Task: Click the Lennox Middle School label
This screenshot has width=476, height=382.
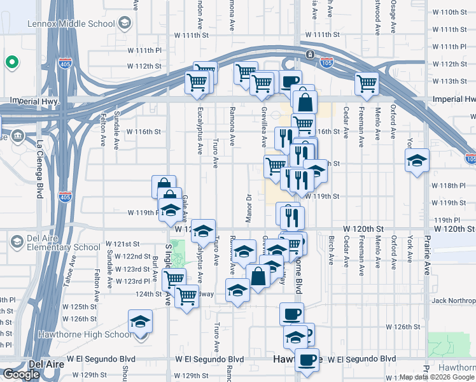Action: [x=71, y=24]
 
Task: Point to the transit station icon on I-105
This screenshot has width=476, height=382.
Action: [x=310, y=54]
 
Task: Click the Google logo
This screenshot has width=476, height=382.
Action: [x=21, y=374]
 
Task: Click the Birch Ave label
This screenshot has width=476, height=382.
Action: [x=332, y=251]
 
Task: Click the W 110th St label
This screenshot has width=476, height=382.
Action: [x=449, y=12]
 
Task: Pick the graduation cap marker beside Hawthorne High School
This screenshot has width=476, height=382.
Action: [x=141, y=322]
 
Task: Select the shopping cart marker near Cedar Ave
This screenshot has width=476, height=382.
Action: [x=367, y=83]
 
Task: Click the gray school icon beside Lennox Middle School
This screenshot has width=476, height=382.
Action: [x=124, y=24]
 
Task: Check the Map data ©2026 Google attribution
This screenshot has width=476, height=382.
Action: [x=437, y=377]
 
